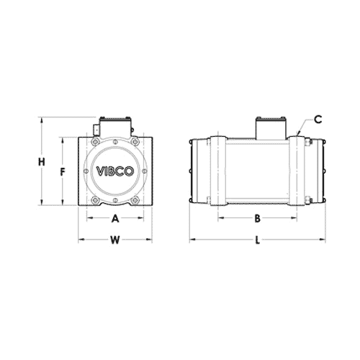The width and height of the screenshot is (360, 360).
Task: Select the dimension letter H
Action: tap(42, 163)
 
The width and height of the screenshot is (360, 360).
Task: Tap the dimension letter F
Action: tap(63, 172)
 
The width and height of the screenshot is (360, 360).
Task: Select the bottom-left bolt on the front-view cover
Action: tap(96, 195)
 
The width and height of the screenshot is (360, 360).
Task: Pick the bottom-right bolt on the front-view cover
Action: tap(135, 195)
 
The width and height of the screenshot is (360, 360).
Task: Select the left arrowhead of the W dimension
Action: tap(80, 240)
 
